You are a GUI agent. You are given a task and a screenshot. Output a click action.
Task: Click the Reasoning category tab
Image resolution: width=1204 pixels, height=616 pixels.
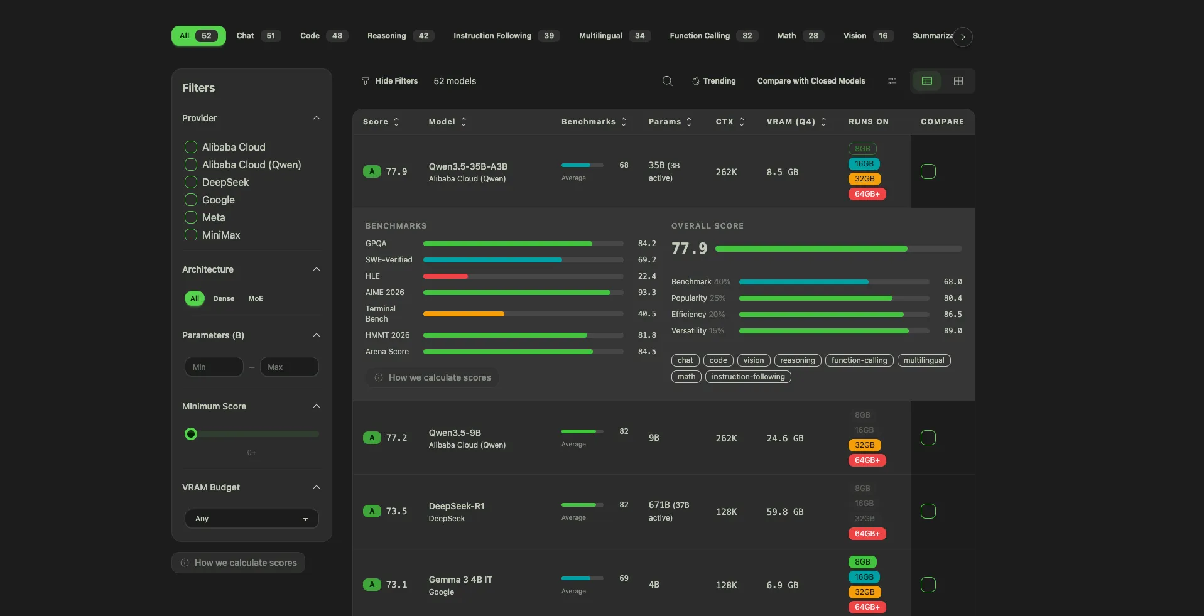coord(399,36)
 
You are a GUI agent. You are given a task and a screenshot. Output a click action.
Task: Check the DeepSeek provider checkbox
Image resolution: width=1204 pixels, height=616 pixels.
coord(191,182)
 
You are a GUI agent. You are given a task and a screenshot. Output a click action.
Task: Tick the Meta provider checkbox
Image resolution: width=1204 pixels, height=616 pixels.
coord(191,217)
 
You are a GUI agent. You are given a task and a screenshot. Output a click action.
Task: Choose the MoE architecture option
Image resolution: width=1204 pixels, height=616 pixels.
coord(256,298)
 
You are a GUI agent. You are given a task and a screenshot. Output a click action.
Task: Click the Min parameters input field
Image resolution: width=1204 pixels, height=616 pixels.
coord(214,367)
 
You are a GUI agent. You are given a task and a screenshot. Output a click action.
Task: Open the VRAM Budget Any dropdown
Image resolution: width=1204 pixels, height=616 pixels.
coord(251,519)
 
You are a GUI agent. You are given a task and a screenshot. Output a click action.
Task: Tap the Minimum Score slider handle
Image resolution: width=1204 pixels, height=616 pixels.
coord(191,434)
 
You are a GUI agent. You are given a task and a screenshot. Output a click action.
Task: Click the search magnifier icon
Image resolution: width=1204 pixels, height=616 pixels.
coord(667,81)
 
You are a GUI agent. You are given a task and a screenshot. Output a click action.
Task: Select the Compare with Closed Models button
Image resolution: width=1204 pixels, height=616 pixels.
coord(811,81)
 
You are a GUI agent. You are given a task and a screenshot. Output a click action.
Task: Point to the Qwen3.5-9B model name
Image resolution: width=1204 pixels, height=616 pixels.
coord(455,433)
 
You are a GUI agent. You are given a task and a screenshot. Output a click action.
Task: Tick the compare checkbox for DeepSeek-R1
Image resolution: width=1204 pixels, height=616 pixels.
coord(928,511)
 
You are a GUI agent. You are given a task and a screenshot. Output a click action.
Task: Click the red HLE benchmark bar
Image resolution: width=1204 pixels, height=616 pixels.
coord(445,276)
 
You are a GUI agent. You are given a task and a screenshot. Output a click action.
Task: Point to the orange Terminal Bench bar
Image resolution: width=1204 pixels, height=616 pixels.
coord(464,314)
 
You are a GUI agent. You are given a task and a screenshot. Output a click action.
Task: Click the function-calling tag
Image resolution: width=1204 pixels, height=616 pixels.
coord(859,360)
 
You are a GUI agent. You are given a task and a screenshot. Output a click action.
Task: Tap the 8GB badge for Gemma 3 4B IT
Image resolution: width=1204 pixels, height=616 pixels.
coord(862,562)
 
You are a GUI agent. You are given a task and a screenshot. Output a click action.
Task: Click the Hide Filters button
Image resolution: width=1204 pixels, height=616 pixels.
coord(389,81)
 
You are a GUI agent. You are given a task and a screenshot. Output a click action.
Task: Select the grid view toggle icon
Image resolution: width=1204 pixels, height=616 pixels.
coord(958,81)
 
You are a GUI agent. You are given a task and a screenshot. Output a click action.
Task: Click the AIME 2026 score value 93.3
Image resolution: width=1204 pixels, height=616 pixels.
coord(646,293)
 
